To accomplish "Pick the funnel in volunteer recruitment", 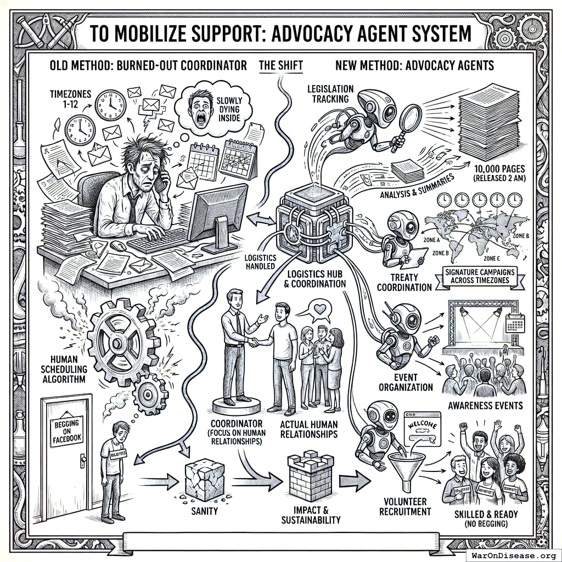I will [406, 467].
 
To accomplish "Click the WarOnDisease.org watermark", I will [513, 554].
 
